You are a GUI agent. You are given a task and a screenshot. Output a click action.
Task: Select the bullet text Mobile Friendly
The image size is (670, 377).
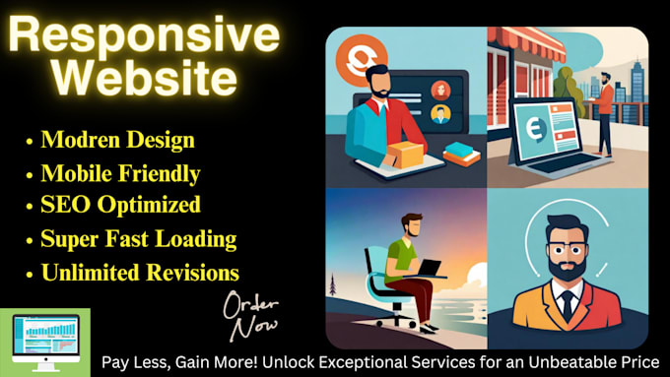click(120, 174)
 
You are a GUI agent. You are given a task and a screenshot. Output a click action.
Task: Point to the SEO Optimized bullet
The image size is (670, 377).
click(120, 205)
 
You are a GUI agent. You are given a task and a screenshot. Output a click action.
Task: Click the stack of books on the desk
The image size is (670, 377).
click(460, 154)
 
